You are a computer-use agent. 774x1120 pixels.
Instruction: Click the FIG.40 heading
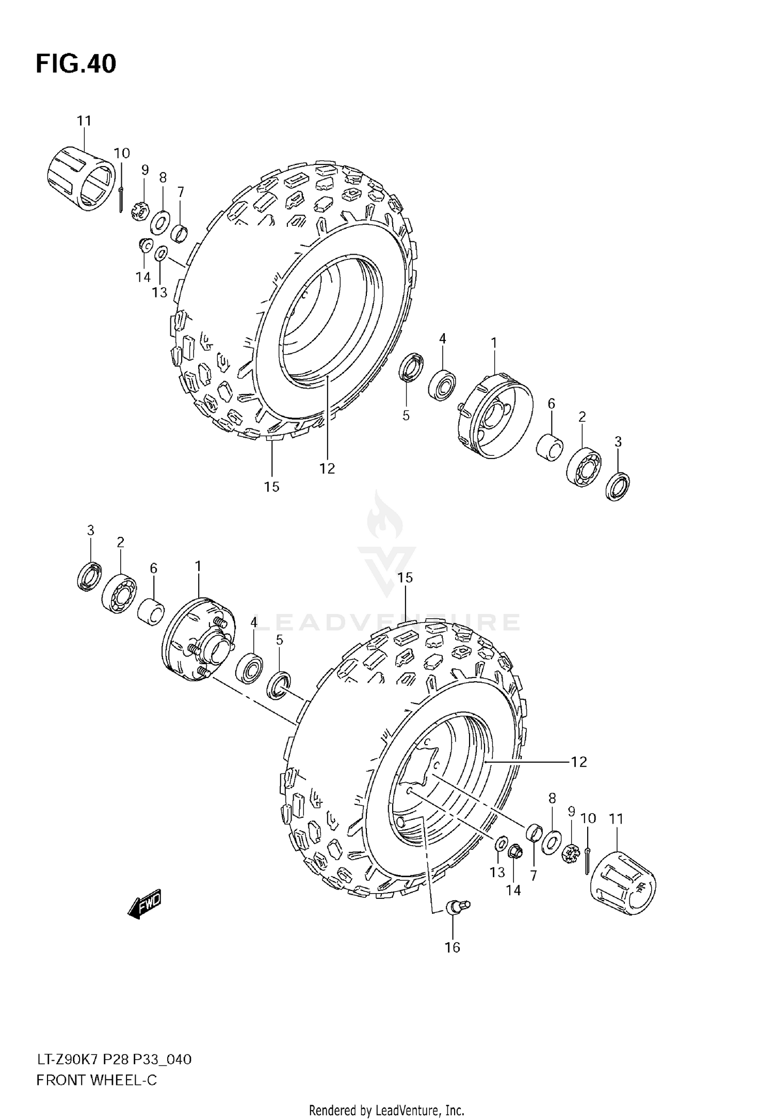click(76, 64)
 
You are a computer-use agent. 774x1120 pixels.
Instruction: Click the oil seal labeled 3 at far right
click(618, 485)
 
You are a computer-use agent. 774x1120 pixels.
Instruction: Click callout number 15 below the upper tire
click(271, 487)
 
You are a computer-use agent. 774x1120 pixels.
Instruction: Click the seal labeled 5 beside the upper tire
click(411, 367)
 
